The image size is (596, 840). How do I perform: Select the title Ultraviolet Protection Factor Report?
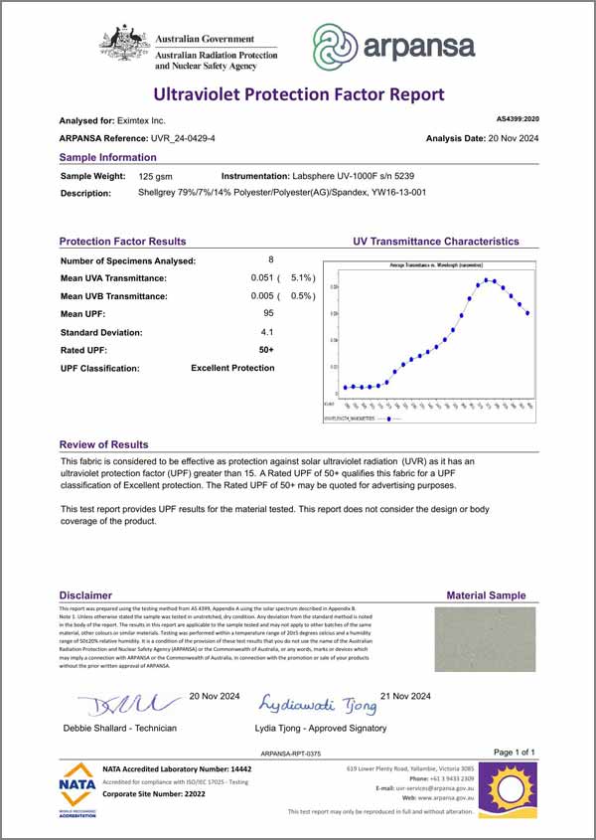[x=298, y=94]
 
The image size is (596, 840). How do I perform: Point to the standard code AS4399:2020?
[x=517, y=118]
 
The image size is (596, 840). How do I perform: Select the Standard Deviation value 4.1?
[x=267, y=331]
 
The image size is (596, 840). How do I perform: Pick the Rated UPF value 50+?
[x=266, y=349]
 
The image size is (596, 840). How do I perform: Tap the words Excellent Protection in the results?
[x=232, y=368]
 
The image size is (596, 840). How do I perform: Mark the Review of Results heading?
[x=103, y=444]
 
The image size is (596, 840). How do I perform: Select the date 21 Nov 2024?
[x=404, y=696]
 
